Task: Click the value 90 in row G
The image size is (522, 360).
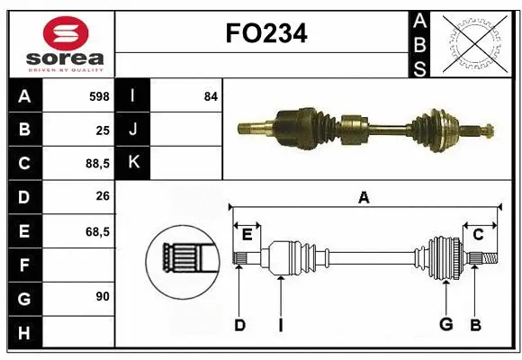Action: click(x=101, y=296)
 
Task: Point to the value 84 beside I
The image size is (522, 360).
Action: click(x=211, y=95)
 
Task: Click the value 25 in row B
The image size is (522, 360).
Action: click(x=103, y=130)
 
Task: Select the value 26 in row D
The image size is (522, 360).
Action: click(x=103, y=197)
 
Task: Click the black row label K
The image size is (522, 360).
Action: click(x=133, y=163)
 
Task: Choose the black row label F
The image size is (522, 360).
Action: click(x=23, y=265)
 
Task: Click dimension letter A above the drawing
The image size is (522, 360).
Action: click(x=364, y=197)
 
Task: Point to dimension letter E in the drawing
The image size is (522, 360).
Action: click(x=246, y=234)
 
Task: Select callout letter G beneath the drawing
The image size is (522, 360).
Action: click(x=445, y=325)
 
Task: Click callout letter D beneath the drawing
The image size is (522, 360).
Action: click(x=239, y=325)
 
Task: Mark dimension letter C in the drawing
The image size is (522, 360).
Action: click(x=479, y=234)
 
